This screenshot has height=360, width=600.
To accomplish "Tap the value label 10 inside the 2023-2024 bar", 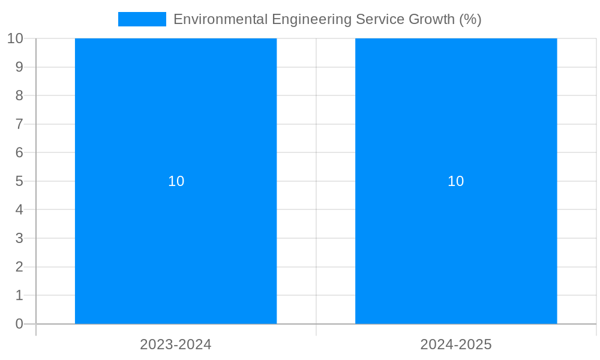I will click(176, 181).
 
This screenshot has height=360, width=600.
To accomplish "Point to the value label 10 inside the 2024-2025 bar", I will click(456, 181).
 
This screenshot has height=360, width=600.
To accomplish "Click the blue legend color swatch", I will click(142, 19).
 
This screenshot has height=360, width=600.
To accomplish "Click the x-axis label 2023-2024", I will click(176, 344).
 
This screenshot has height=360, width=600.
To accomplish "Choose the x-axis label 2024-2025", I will click(456, 344).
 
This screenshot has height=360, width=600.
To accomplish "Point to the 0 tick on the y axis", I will click(19, 324).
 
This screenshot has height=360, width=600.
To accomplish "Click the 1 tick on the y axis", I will click(19, 295).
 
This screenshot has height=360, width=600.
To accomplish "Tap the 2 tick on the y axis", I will click(19, 267).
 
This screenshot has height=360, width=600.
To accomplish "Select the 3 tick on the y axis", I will click(19, 238).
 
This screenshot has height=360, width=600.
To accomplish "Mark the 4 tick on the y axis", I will click(19, 210).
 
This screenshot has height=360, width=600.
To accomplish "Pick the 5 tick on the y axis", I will click(19, 181).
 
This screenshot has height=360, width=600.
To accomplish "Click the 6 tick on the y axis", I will click(19, 152).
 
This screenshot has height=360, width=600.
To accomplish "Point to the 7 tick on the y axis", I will click(19, 124).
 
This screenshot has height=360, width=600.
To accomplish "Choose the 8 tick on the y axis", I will click(19, 95).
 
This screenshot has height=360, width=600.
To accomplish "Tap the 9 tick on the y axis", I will click(19, 67).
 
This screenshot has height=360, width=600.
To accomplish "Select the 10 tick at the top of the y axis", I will click(15, 38).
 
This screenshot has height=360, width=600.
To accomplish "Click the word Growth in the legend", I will click(431, 19).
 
